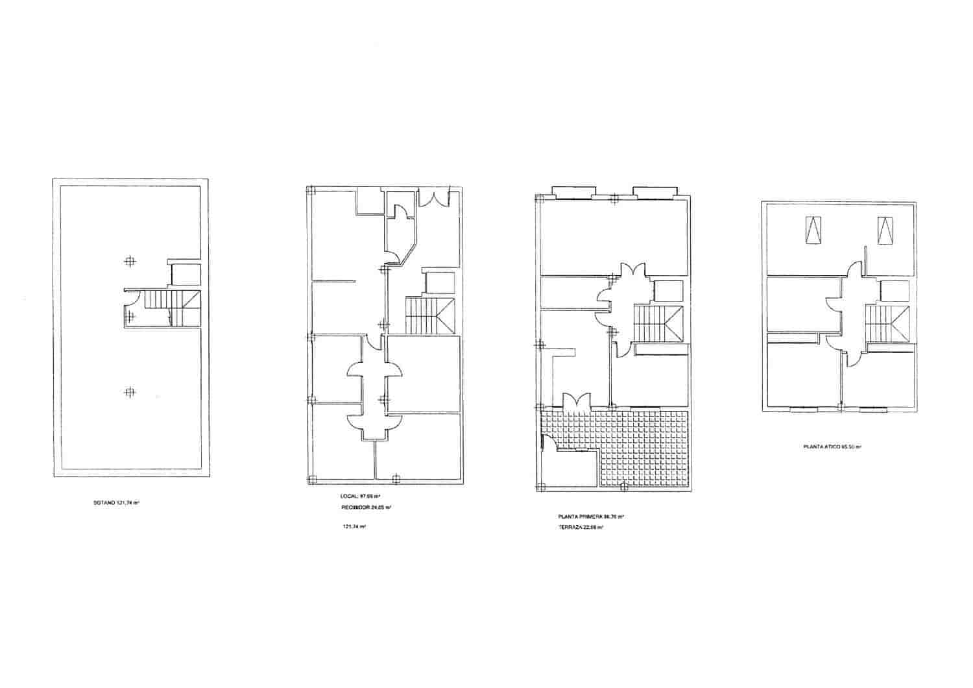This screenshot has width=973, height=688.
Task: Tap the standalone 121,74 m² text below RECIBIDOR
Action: pyautogui.click(x=354, y=526)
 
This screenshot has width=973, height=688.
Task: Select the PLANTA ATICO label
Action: pyautogui.click(x=832, y=447)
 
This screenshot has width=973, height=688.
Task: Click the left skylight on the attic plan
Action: pyautogui.click(x=811, y=230)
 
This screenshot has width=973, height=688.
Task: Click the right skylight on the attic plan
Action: pyautogui.click(x=884, y=230)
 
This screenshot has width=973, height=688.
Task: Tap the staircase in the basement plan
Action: pyautogui.click(x=172, y=308)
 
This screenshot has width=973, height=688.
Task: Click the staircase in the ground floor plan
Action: pyautogui.click(x=430, y=315)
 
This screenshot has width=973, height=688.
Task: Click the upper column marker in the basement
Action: pyautogui.click(x=130, y=261)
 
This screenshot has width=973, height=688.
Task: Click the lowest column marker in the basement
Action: pyautogui.click(x=130, y=392)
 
